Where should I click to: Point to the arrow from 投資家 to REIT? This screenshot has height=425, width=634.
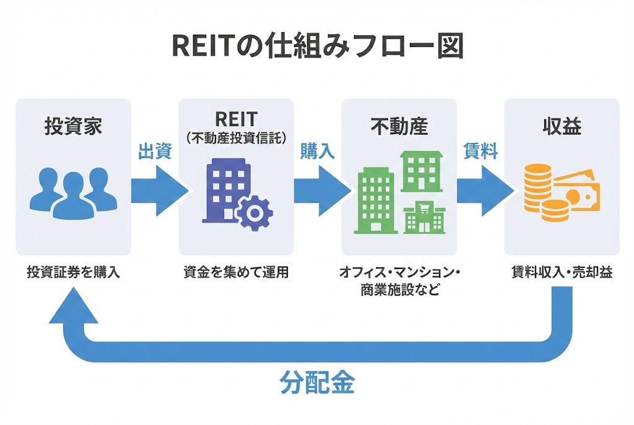[158, 189]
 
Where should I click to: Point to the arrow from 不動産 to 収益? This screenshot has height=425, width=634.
[484, 189]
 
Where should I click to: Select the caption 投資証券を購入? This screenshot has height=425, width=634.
[73, 272]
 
